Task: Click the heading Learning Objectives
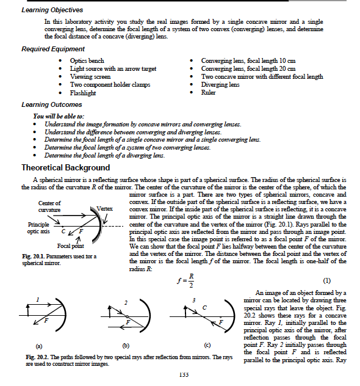52,10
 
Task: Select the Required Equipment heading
53,49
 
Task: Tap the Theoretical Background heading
66,167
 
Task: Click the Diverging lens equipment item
220,85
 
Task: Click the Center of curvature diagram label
49,206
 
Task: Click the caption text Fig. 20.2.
36,357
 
